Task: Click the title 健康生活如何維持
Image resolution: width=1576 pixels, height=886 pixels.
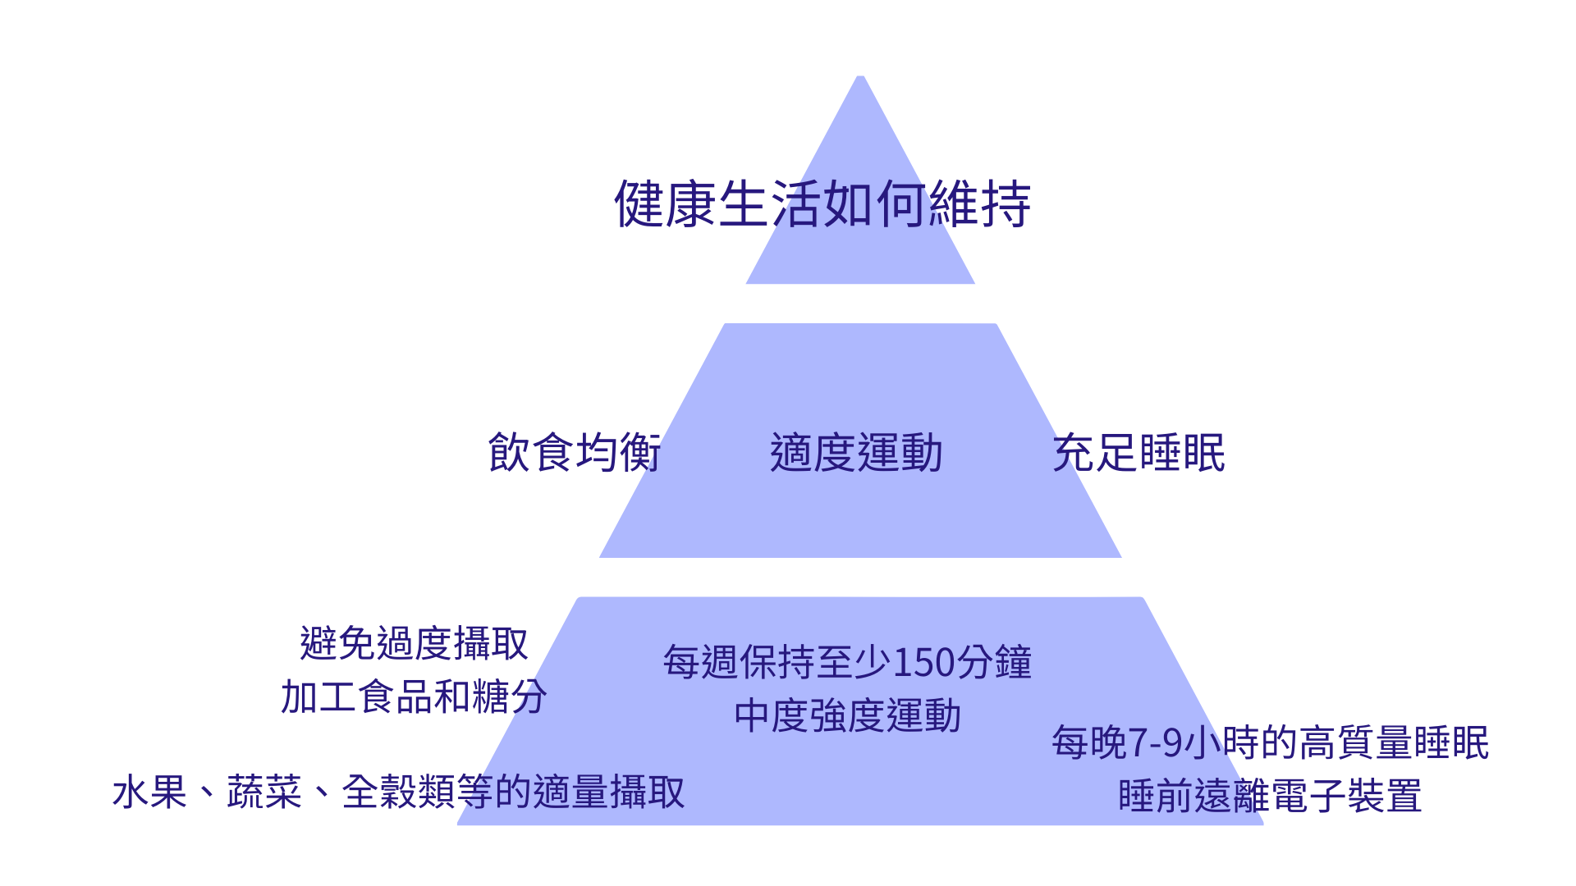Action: point(822,203)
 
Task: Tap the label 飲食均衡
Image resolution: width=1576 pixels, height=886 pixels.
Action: point(575,452)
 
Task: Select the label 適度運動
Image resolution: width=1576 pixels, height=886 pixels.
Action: point(856,452)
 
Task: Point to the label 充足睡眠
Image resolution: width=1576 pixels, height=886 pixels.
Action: point(1138,452)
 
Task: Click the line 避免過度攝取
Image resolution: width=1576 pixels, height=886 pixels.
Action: point(414,643)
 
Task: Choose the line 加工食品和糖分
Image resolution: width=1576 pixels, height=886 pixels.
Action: point(414,697)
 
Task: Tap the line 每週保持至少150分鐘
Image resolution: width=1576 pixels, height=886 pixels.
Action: point(847,662)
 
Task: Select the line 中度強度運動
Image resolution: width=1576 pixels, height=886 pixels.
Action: point(847,715)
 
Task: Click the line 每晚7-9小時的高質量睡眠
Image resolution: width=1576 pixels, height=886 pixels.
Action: point(1270,742)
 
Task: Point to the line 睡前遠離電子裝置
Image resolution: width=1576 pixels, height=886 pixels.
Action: point(1270,796)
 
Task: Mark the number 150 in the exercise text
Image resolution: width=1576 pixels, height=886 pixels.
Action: point(924,663)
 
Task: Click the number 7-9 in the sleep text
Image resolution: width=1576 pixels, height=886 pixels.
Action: point(1157,743)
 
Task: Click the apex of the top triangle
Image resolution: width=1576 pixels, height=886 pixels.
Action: point(860,80)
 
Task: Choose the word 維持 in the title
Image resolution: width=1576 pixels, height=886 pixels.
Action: point(979,203)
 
